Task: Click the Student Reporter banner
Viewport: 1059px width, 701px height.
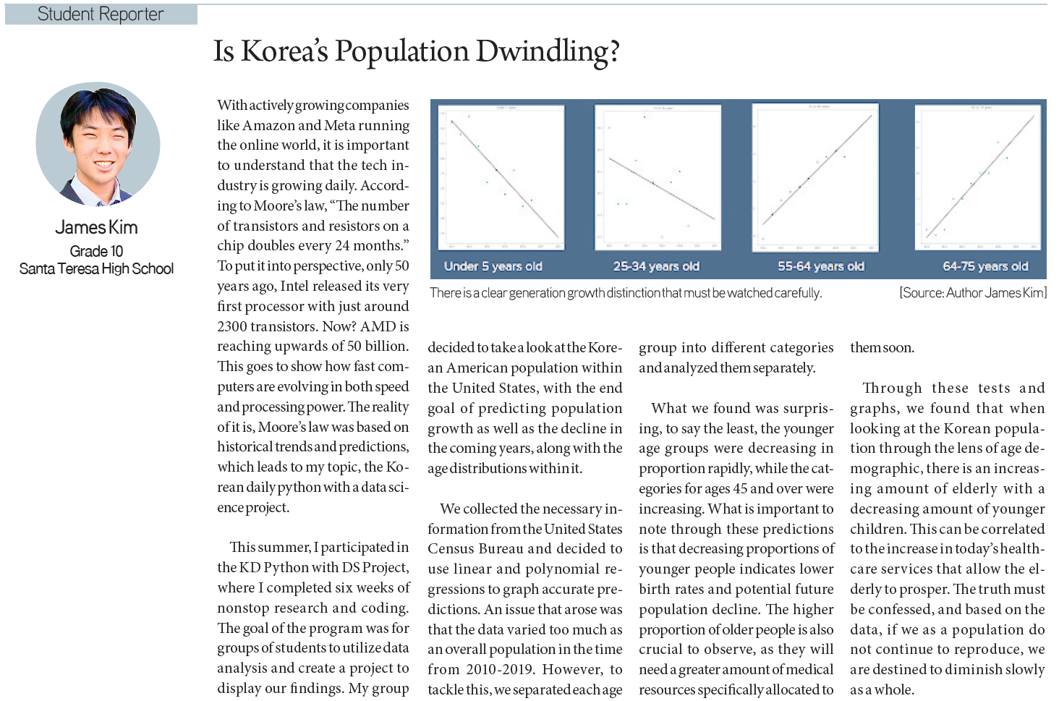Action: click(x=101, y=14)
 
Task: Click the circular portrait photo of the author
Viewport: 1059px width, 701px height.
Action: click(x=98, y=144)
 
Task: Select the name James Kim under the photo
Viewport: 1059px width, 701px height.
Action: click(x=96, y=227)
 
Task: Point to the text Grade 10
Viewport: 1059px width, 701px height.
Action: click(x=96, y=251)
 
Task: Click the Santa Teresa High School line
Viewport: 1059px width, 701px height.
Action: click(x=96, y=269)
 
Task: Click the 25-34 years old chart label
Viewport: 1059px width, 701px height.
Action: click(x=656, y=266)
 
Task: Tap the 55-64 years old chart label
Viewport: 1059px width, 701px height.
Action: click(x=821, y=266)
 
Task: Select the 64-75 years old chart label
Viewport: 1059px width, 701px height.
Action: click(x=985, y=266)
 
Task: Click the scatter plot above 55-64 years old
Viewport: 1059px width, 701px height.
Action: click(x=815, y=177)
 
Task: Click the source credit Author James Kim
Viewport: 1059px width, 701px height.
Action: click(x=974, y=293)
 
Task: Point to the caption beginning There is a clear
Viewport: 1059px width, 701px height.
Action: click(x=626, y=293)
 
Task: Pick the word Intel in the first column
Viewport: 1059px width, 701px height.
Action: click(x=294, y=286)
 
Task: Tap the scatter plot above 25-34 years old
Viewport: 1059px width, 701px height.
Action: click(x=658, y=177)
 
